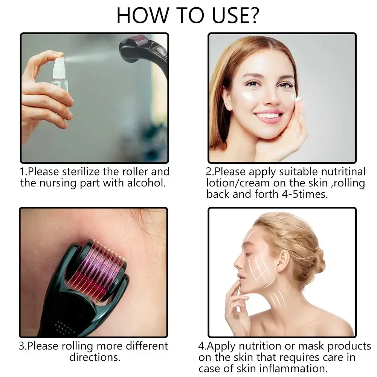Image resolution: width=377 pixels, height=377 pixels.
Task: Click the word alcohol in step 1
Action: click(146, 183)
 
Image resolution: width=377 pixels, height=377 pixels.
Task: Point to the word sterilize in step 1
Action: click(81, 172)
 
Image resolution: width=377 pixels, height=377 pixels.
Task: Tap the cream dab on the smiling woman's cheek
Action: click(248, 96)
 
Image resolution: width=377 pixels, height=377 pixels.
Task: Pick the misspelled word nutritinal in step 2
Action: click(343, 172)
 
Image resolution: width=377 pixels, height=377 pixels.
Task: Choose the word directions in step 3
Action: click(95, 357)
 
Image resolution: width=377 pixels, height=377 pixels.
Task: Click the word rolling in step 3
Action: click(77, 346)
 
